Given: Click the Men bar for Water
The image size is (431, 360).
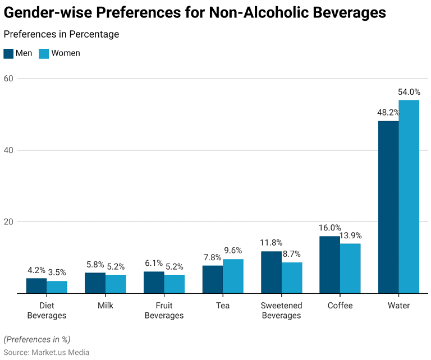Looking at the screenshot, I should (388, 207).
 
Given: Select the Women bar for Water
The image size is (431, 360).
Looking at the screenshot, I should (409, 196).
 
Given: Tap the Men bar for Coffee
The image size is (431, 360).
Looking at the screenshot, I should (329, 265).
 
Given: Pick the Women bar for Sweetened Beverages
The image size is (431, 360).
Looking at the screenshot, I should (292, 278).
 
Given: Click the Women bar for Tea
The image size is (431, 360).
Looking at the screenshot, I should (233, 276).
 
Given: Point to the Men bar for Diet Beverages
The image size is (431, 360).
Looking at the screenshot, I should (36, 285).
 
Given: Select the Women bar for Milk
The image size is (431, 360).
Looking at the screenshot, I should (116, 284).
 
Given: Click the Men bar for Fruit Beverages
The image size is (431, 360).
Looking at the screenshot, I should (154, 282).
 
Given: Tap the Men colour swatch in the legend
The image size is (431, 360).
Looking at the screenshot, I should (8, 53).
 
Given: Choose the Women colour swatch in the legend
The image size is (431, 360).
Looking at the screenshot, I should (44, 53).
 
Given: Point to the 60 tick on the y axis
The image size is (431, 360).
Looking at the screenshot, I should (8, 79).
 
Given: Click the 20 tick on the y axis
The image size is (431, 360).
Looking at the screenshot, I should (8, 221).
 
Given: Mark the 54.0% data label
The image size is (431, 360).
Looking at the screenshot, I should (409, 92).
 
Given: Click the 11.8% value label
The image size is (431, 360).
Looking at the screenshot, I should (271, 243).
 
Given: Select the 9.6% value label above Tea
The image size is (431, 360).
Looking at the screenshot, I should (233, 251).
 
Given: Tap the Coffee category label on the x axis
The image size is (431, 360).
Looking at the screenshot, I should (340, 306).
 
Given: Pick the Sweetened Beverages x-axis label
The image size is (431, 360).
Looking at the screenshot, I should (282, 310).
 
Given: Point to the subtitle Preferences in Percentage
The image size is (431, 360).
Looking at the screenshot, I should (61, 34).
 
